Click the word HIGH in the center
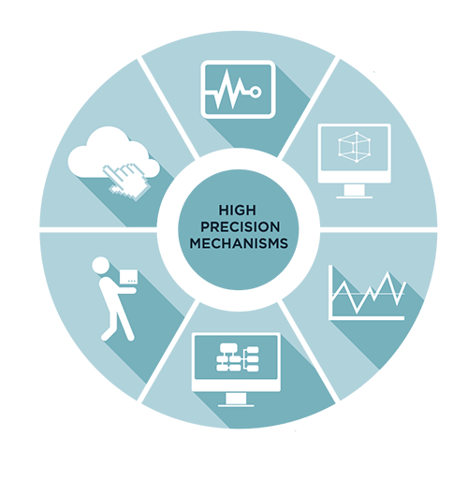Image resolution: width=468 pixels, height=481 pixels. (x=237, y=210)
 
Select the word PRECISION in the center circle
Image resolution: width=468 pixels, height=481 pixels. (x=240, y=226)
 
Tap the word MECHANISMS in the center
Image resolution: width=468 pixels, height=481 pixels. (x=239, y=243)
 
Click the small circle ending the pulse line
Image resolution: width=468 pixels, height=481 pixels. (x=256, y=92)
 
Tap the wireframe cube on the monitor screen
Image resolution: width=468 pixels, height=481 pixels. (x=355, y=147)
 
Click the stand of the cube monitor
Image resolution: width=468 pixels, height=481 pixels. (x=355, y=190)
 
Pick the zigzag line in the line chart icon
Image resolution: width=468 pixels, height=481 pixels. (x=369, y=292)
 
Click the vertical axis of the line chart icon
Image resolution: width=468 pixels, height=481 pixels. (x=330, y=292)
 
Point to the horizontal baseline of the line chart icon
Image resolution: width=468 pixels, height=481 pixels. (x=367, y=318)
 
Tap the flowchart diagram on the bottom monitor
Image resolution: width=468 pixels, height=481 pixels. (x=238, y=357)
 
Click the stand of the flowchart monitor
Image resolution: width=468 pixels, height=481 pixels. (x=236, y=398)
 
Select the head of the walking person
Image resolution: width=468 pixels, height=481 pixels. (x=101, y=266)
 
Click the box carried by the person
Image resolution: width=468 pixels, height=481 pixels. (x=128, y=276)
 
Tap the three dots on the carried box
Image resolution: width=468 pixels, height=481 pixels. (x=132, y=281)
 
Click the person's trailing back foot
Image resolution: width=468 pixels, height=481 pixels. (x=105, y=336)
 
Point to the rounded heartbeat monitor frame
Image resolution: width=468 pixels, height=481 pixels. (x=238, y=63)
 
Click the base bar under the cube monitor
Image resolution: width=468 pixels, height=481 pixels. (x=355, y=197)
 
